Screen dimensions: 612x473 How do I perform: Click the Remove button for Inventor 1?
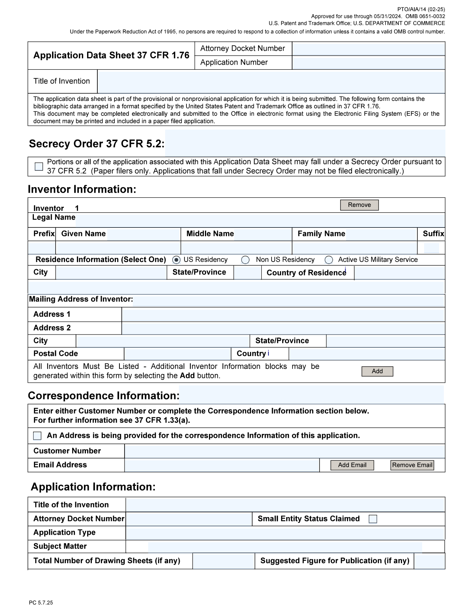click(x=359, y=205)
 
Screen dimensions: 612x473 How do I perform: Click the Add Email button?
click(x=352, y=465)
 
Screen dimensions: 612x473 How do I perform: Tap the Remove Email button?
click(x=412, y=465)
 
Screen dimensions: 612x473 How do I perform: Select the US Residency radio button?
click(x=177, y=260)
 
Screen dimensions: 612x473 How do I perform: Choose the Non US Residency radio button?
click(x=246, y=260)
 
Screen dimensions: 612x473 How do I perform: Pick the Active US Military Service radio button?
click(x=329, y=260)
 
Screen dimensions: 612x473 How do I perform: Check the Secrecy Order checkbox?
click(x=39, y=166)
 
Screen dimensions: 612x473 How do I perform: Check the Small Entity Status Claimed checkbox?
click(x=373, y=519)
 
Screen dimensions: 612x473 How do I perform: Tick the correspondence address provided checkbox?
click(x=37, y=435)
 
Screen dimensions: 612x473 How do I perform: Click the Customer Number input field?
click(x=285, y=451)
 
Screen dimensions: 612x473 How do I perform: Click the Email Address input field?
click(x=222, y=465)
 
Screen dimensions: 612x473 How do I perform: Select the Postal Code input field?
click(x=177, y=354)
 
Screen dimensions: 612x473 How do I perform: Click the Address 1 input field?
click(x=283, y=314)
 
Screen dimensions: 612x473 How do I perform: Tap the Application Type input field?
click(x=285, y=533)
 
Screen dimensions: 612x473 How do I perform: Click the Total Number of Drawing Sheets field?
click(x=224, y=561)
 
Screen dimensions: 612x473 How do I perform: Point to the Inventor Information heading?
click(x=82, y=190)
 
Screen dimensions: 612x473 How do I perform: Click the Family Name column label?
click(x=321, y=234)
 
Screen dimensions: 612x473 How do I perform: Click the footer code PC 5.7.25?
click(x=41, y=603)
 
